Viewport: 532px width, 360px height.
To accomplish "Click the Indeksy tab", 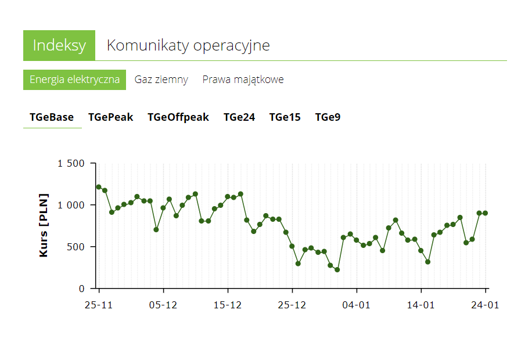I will click(59, 45).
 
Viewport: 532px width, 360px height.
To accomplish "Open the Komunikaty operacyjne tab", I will click(188, 45).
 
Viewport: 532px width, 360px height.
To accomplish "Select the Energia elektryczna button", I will click(74, 80).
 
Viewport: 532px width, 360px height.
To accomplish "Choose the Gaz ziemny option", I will click(161, 80).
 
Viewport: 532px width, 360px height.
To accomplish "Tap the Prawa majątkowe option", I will click(243, 80).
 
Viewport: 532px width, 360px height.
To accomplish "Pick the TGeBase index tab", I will click(52, 117).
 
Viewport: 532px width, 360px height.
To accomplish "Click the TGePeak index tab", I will click(110, 117).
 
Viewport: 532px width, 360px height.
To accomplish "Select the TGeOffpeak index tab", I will click(178, 117).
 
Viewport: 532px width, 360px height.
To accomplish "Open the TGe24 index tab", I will click(239, 117).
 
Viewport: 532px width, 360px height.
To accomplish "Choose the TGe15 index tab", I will click(285, 117).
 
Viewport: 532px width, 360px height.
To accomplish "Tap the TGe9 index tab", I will click(328, 117).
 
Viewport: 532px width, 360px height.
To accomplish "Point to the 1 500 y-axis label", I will click(71, 163).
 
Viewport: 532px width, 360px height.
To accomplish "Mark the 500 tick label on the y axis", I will click(77, 247).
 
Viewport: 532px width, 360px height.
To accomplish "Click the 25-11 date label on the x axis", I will click(99, 305).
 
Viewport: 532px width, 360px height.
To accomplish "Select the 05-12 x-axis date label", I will click(163, 305).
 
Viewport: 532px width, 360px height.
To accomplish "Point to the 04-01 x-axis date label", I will click(356, 305).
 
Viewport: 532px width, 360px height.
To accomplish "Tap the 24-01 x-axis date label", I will click(485, 305).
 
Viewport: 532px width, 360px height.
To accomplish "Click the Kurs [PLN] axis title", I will click(44, 225).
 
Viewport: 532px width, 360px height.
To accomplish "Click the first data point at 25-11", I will click(99, 187).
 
